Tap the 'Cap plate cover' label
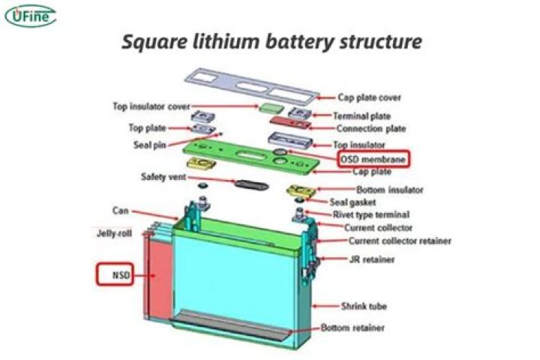(369, 97)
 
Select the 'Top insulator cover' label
(151, 106)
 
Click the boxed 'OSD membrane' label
(374, 159)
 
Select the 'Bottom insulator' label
(389, 190)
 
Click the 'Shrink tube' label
(364, 306)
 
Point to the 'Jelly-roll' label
(114, 233)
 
